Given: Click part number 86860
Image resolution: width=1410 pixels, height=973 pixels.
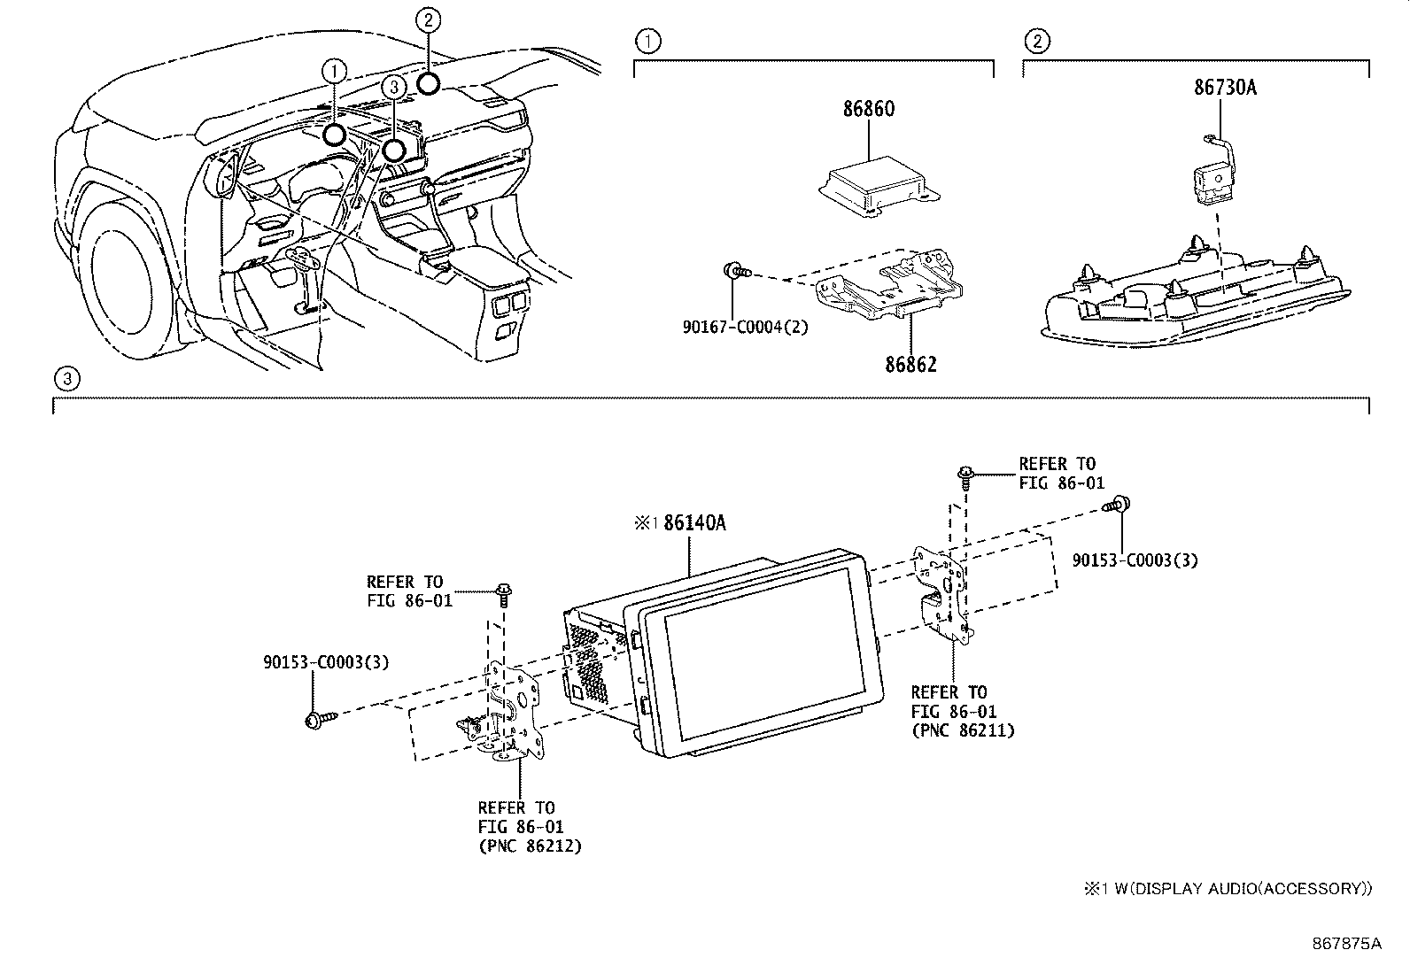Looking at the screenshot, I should [x=868, y=109].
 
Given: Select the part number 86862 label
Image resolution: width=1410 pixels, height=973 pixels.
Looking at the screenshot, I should [x=910, y=364].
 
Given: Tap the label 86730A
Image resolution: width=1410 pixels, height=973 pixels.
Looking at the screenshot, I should [x=1225, y=87].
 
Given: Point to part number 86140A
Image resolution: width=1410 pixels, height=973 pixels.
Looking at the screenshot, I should [x=694, y=522].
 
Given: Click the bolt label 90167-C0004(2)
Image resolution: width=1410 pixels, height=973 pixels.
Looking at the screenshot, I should [x=745, y=326].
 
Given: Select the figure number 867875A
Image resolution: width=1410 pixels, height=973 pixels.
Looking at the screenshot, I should [x=1345, y=943].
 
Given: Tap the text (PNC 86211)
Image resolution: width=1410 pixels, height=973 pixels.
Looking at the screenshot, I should [x=963, y=731].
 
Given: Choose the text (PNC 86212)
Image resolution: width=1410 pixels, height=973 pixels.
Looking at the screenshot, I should [x=530, y=846].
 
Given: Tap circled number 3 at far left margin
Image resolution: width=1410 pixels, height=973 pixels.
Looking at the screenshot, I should [x=66, y=380].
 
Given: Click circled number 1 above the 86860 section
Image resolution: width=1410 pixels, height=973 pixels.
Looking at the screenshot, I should [x=648, y=41].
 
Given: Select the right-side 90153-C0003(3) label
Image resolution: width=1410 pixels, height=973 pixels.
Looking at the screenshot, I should [x=1135, y=560].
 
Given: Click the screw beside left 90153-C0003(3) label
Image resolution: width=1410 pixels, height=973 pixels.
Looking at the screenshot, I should [x=317, y=719].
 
